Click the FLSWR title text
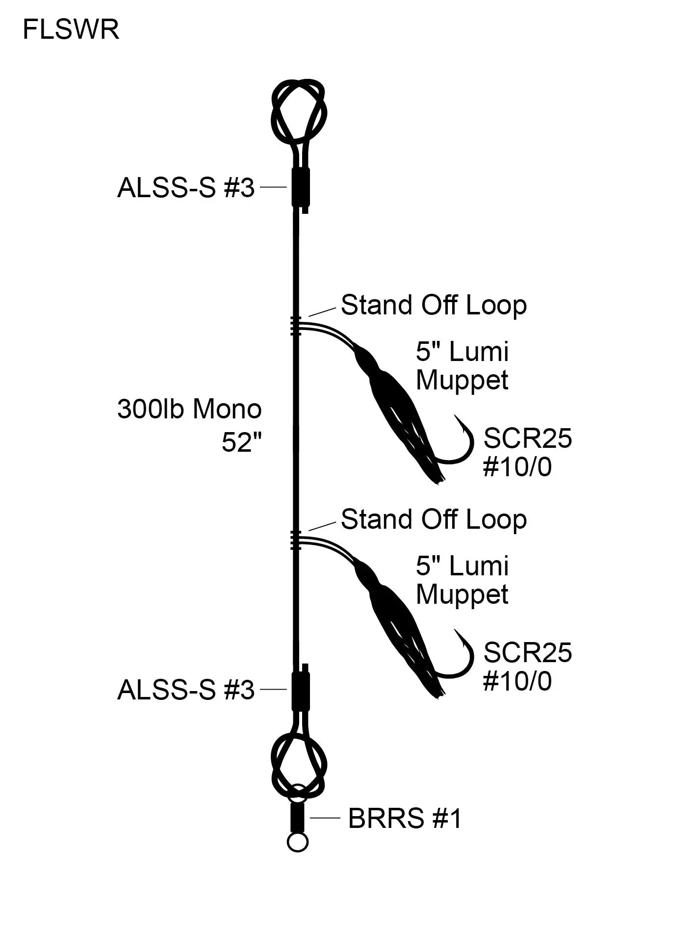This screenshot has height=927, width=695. point(71,30)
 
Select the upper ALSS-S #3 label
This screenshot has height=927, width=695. point(186,188)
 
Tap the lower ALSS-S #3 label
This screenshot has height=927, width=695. point(186,690)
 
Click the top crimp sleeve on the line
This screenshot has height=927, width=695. point(300,187)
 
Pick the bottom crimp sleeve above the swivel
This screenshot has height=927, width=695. point(300,691)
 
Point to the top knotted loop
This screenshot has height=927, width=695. point(299,110)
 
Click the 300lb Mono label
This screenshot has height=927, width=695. point(189,409)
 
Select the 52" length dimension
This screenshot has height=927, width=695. point(241,442)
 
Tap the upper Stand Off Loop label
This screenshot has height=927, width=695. point(434,305)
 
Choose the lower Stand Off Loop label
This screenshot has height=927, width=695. point(434,519)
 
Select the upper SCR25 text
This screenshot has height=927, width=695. point(527,438)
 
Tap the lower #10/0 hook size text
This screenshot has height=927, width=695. point(517,681)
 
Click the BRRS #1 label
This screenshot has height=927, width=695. point(405,818)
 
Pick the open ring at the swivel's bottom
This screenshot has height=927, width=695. point(298,842)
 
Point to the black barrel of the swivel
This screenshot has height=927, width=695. point(297,818)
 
